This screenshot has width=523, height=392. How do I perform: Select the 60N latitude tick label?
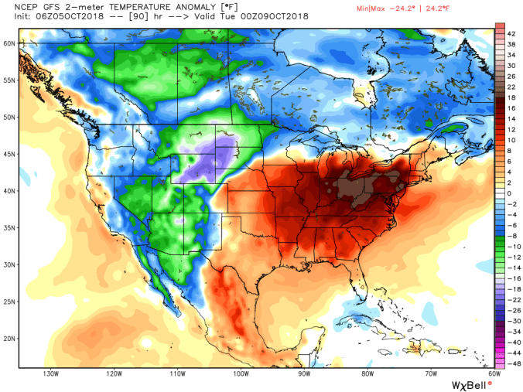[x=9, y=44]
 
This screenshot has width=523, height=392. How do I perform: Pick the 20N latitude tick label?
[x=9, y=339]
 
